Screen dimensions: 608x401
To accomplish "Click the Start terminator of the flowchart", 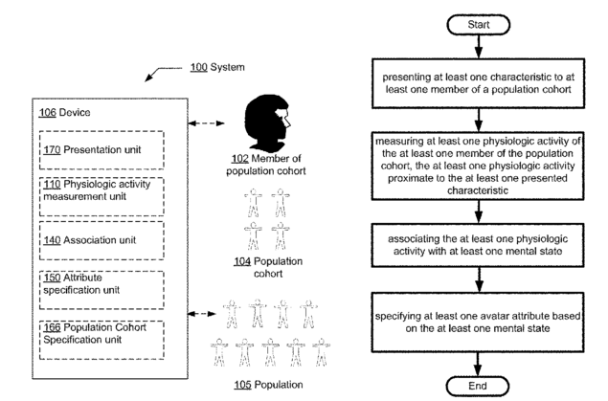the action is [479, 25].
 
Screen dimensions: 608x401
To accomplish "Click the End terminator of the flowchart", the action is [478, 387].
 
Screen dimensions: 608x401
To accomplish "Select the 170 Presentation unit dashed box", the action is [101, 150].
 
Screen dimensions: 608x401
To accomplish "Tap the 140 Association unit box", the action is [101, 240].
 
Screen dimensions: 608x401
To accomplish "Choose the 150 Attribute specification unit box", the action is [101, 290].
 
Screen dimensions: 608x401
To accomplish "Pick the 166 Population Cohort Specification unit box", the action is [101, 340].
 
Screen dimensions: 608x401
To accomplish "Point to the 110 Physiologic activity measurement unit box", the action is [101, 196].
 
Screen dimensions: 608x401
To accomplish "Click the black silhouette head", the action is [267, 123].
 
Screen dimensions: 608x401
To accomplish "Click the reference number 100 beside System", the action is [198, 67].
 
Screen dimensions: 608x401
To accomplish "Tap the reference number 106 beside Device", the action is [47, 113].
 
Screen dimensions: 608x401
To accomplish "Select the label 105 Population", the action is [268, 385].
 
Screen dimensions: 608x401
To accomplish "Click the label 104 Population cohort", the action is [268, 267].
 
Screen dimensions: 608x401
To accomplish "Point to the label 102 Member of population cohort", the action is [266, 165].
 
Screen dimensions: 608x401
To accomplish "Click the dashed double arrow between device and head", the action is [206, 123].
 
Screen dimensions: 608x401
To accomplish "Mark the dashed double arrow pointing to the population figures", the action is [202, 314].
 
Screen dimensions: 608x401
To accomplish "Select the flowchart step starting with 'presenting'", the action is [478, 83].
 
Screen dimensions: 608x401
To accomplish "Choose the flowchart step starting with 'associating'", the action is [478, 245].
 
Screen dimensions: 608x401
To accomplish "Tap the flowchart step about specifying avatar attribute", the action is [478, 323].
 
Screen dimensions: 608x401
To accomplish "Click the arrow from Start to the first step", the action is [479, 47].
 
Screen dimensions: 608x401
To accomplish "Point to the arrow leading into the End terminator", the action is [478, 365].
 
